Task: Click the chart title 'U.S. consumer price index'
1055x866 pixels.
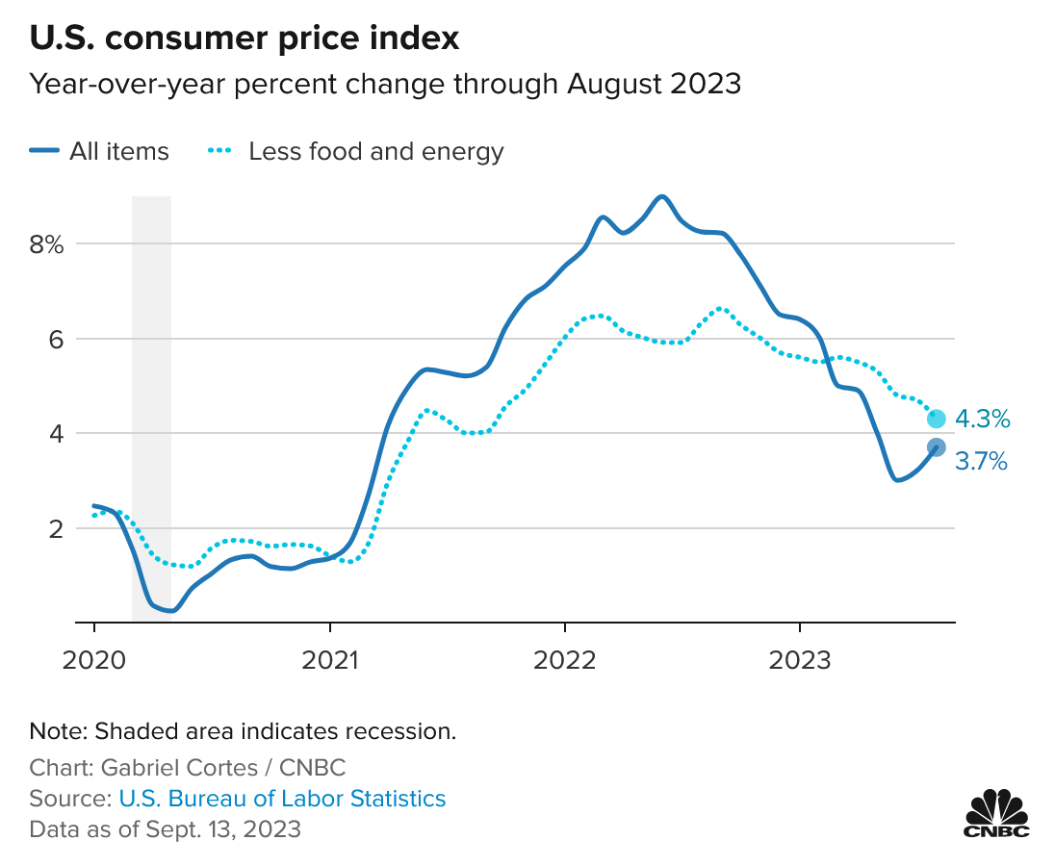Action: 244,39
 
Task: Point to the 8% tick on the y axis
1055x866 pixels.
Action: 44,244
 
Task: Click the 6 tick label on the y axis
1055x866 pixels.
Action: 53,339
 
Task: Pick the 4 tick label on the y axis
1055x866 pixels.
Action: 53,433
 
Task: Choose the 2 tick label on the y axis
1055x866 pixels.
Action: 53,528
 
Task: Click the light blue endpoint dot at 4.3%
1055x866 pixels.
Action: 936,419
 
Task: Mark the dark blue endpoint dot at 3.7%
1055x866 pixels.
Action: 936,447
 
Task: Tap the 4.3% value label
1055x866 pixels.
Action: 982,419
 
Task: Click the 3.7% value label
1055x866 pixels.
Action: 982,463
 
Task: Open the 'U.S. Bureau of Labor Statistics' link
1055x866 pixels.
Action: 282,798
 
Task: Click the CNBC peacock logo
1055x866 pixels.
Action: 996,814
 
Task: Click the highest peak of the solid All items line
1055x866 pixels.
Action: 661,196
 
